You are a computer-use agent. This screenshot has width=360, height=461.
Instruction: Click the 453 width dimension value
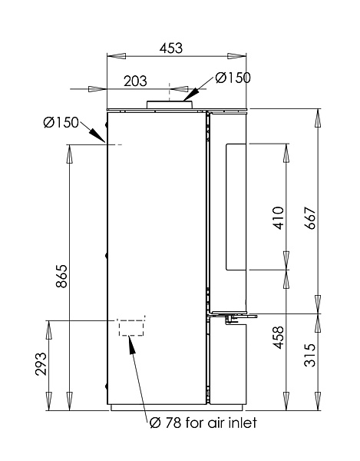tap(171, 48)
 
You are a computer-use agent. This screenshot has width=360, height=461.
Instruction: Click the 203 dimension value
tap(135, 81)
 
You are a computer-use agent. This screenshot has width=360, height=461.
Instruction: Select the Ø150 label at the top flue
tap(233, 78)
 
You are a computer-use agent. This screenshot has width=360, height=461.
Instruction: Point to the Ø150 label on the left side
tap(61, 122)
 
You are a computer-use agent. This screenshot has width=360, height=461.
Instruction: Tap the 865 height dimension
tap(62, 277)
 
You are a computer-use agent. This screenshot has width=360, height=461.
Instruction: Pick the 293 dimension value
tap(41, 364)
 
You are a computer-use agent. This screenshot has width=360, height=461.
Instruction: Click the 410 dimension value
tap(279, 218)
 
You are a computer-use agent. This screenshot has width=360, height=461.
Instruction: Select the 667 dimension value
tap(310, 218)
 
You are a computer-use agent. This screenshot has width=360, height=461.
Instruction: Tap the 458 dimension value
tap(279, 337)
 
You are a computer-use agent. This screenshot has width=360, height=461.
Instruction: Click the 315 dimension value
tap(310, 355)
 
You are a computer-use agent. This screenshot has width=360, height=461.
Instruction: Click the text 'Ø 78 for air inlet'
tap(203, 423)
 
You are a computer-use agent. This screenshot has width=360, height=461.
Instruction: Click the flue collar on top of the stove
tap(170, 104)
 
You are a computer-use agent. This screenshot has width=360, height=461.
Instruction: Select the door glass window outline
tap(226, 207)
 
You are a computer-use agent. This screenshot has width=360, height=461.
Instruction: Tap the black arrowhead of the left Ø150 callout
tap(97, 135)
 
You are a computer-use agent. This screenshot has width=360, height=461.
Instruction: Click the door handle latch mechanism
tap(234, 318)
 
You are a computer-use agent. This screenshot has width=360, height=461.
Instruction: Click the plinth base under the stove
tap(177, 407)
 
